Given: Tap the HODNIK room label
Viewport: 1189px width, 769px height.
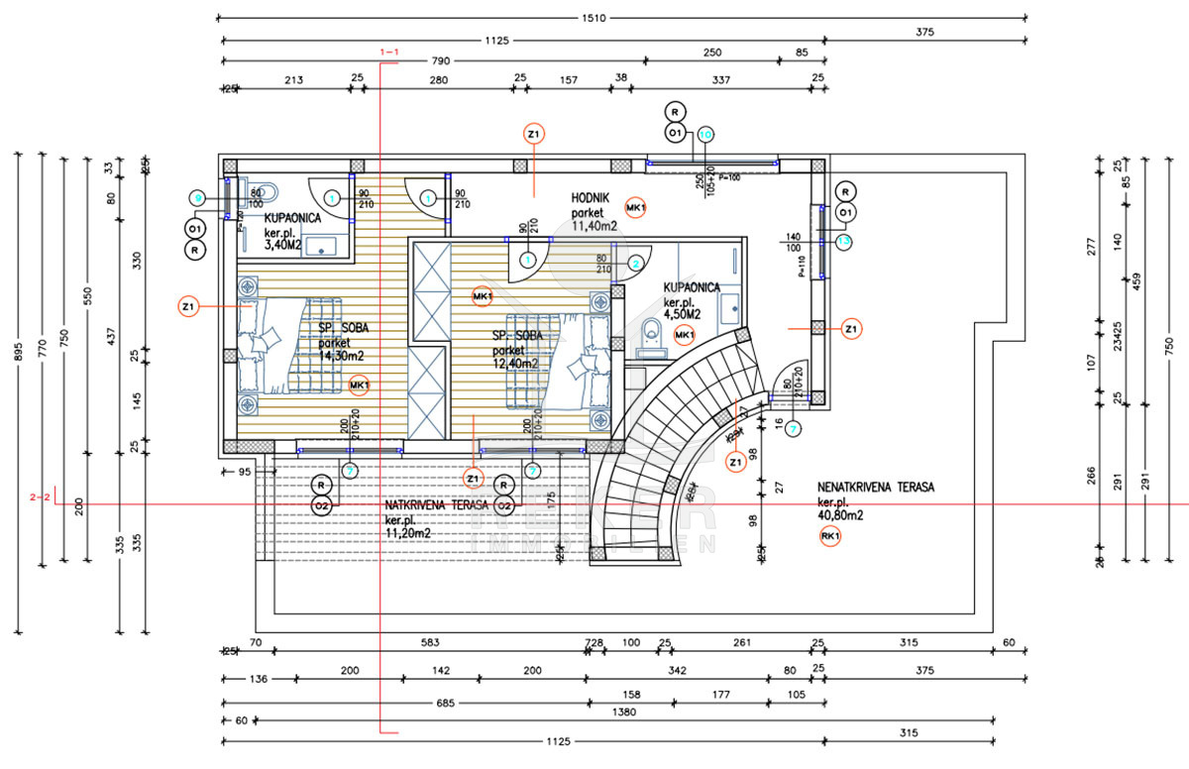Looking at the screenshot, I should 589,198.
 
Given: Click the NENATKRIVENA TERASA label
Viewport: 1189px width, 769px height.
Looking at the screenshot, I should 876,488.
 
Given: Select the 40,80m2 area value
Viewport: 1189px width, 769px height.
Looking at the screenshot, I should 841,515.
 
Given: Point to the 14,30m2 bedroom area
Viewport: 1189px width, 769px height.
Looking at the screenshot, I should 342,356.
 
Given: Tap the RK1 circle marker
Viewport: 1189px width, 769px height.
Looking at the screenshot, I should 830,537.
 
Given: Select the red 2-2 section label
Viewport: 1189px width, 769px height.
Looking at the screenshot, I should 41,496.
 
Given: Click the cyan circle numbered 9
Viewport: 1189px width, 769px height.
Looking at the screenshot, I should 198,198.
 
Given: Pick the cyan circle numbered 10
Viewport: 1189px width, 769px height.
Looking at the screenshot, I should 705,133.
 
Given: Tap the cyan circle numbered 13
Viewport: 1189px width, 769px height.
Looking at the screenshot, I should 844,240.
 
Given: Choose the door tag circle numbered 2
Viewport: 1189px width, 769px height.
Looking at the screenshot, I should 635,264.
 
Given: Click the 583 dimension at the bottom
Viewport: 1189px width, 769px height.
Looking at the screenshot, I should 429,643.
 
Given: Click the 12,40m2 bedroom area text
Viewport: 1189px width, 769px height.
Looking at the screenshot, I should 515,364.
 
